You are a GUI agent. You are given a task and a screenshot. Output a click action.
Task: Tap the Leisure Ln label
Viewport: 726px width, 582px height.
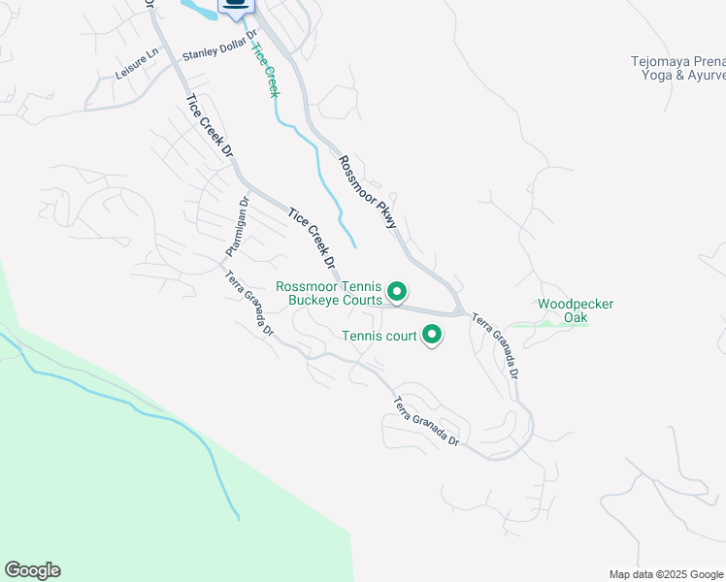point(137,66)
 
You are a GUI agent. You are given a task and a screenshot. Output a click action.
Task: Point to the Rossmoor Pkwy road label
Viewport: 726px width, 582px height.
point(368,192)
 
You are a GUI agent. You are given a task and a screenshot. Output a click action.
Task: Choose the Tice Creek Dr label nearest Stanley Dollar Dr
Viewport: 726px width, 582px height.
point(210,124)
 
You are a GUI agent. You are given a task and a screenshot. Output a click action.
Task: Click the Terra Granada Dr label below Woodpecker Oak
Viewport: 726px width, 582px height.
point(496,345)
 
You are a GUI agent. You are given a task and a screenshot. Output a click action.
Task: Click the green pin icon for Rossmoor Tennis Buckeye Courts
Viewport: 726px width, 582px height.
point(396,290)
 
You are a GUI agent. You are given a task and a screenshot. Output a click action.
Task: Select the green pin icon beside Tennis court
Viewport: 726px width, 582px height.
point(431,336)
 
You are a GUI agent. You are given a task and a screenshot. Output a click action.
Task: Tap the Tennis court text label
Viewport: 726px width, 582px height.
point(379,337)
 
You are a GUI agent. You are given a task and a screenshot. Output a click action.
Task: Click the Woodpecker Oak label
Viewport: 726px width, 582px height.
point(576,310)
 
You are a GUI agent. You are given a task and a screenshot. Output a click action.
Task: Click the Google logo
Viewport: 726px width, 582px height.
point(32,570)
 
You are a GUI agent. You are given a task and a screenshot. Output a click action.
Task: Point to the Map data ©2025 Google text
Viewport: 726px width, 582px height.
point(666,574)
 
